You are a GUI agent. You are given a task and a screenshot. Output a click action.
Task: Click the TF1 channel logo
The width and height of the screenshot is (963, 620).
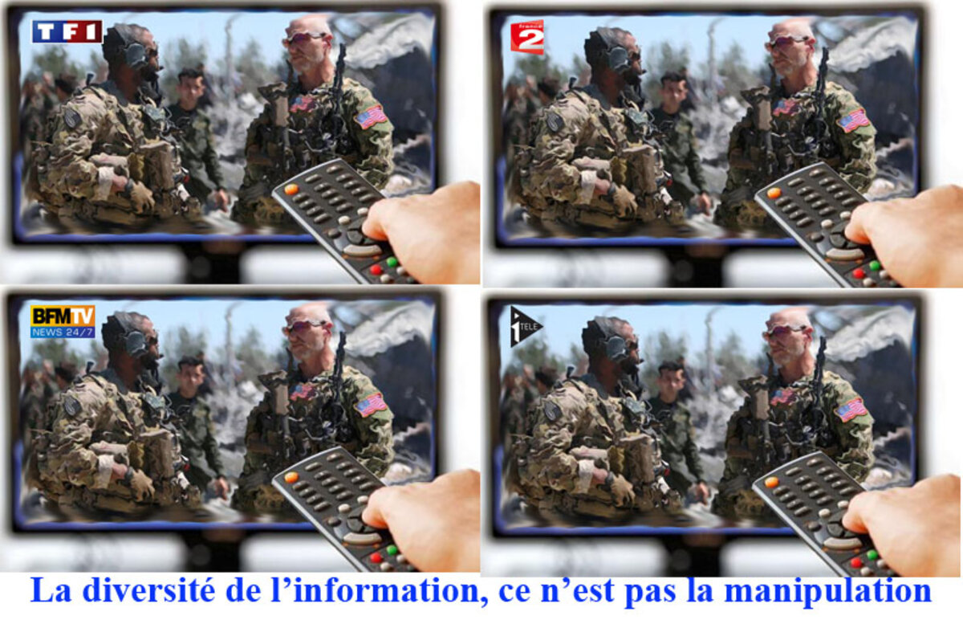tap(67, 31)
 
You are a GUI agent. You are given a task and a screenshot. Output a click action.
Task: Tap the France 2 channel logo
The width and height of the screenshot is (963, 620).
tap(527, 37)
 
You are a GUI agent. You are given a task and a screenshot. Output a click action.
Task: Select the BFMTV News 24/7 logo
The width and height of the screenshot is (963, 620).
tap(63, 321)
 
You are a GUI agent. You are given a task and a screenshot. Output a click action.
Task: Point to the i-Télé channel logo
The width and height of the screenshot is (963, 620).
tap(526, 326)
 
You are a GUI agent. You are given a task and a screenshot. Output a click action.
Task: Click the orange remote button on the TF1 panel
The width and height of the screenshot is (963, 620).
tap(291, 190)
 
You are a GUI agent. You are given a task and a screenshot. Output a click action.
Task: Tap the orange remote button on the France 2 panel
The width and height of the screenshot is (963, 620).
tap(774, 194)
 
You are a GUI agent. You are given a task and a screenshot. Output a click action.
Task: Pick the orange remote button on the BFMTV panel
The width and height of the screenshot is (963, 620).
tap(291, 477)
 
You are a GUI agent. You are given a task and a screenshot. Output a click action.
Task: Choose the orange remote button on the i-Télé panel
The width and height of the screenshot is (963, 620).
tap(771, 483)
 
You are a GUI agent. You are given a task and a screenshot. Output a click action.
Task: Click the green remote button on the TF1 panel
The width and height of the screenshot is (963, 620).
tap(392, 262)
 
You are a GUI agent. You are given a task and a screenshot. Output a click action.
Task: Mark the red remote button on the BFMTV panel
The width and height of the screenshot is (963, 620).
tap(376, 558)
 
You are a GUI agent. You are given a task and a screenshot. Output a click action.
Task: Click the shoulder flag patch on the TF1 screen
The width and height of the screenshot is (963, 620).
tap(371, 116)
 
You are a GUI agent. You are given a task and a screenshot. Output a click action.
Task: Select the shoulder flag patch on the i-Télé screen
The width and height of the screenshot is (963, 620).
tap(851, 409)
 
